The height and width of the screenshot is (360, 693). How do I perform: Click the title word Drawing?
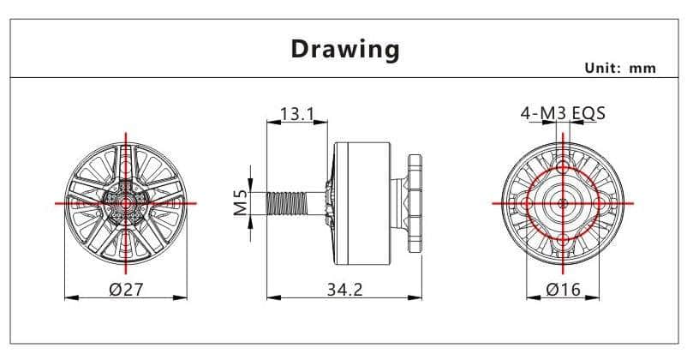(x=345, y=50)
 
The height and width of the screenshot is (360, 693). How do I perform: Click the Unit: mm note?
(x=620, y=68)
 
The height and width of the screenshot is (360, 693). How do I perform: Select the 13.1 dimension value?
(x=297, y=114)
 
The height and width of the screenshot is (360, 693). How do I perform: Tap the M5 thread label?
(x=241, y=201)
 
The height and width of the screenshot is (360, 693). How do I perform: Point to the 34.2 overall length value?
(x=344, y=290)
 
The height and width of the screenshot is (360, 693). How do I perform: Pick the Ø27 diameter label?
(x=127, y=290)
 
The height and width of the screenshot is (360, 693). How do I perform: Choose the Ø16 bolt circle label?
(x=563, y=290)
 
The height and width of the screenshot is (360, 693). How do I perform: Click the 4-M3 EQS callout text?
(x=563, y=113)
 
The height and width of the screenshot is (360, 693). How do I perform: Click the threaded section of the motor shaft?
(x=286, y=203)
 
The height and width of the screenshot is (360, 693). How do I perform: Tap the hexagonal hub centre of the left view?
(x=126, y=203)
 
